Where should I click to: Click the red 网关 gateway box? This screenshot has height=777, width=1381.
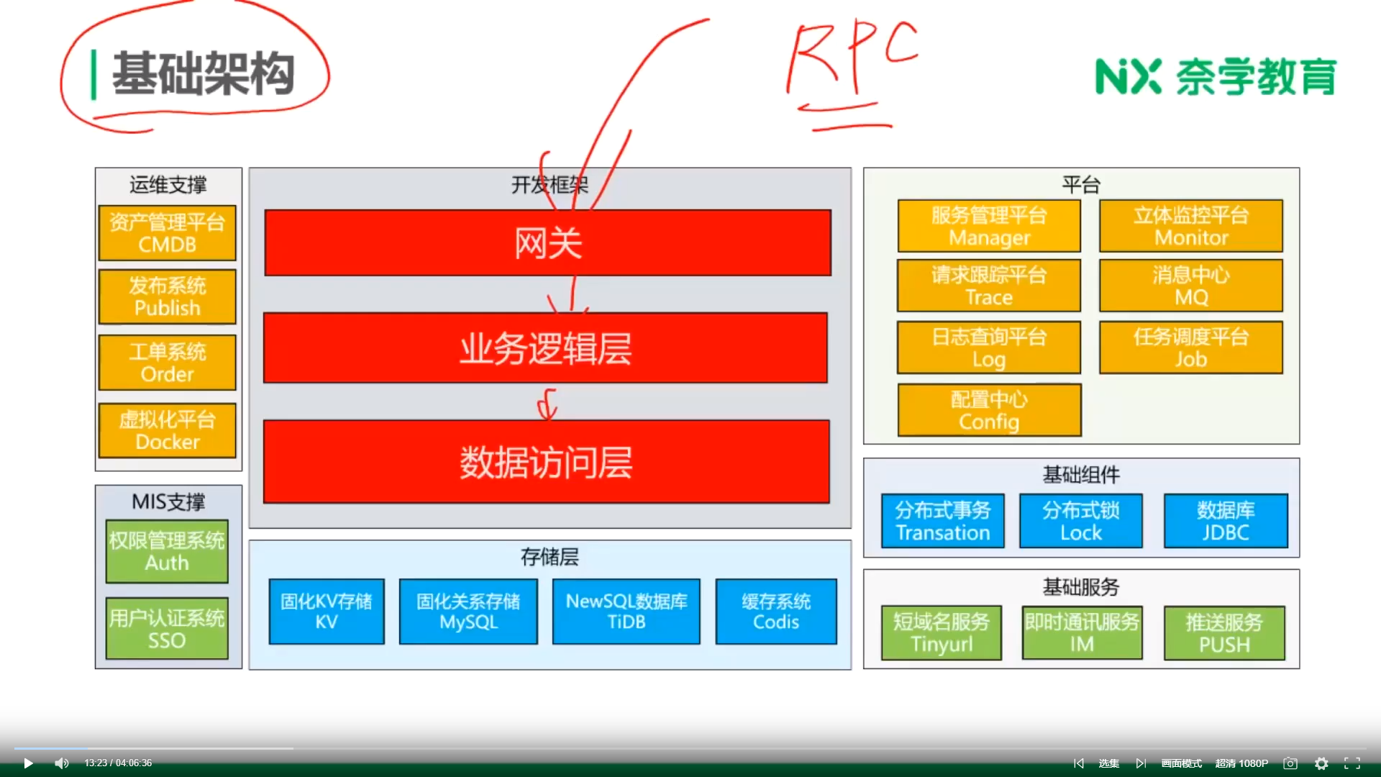[547, 242]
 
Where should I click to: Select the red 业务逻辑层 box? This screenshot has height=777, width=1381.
[545, 348]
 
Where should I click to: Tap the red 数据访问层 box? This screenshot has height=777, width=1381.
[546, 461]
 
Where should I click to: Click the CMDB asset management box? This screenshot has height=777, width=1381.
[167, 233]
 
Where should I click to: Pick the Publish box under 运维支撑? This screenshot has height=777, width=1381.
[167, 296]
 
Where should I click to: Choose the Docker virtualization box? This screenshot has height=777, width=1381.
[167, 430]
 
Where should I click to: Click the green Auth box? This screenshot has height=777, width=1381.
[167, 551]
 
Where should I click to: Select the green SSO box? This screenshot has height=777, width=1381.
[167, 629]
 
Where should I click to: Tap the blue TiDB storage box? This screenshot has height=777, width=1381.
[626, 612]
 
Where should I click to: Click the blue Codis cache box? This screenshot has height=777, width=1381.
[776, 612]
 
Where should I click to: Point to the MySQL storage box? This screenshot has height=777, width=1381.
[468, 612]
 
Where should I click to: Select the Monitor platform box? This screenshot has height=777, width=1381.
[1191, 226]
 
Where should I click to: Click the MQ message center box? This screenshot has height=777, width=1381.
[1191, 286]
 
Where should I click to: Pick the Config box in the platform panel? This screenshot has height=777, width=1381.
[989, 410]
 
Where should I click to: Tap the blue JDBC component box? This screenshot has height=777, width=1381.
[1226, 521]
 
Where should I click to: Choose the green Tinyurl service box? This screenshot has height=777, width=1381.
[942, 632]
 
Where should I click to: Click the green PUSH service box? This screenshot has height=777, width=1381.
[1224, 633]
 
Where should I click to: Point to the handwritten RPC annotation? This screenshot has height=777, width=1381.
[852, 61]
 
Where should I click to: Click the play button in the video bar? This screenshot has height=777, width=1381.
[28, 763]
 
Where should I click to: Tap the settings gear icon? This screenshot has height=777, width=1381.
[1321, 763]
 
